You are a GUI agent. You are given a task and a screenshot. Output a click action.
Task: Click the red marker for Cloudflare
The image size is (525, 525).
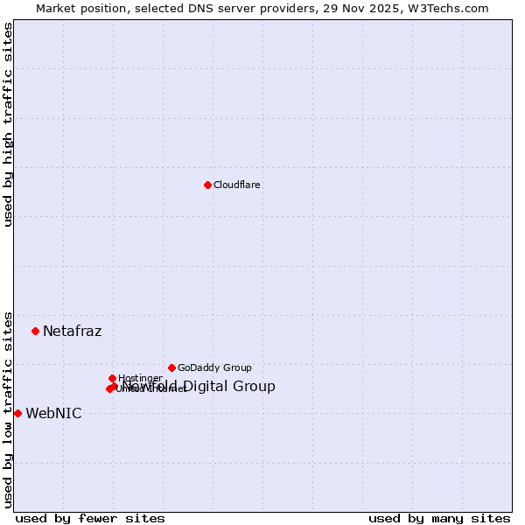point(207,185)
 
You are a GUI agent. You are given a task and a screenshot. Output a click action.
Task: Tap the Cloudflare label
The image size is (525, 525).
point(237,185)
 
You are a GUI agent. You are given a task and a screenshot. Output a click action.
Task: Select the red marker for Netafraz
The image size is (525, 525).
point(36,331)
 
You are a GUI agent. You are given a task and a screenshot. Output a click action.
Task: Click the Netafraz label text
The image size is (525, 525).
point(73,331)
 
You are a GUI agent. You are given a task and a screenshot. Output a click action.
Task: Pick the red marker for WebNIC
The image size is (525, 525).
point(17,413)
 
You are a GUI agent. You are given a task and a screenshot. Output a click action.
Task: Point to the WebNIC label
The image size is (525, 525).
point(53,414)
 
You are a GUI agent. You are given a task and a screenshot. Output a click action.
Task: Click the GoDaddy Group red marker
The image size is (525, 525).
point(171,367)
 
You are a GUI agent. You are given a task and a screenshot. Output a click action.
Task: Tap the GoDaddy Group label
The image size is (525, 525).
point(214,368)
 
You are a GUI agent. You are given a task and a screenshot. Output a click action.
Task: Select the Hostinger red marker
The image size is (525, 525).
point(112,378)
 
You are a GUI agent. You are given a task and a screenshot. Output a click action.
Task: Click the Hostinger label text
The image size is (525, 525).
point(140,379)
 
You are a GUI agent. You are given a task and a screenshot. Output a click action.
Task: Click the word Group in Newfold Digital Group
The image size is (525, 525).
point(255,387)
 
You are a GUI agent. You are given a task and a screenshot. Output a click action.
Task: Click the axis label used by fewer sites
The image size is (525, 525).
point(90,518)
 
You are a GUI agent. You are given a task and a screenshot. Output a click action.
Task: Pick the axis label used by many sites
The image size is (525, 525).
point(439,518)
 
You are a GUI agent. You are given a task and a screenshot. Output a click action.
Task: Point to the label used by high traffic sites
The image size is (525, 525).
point(9,124)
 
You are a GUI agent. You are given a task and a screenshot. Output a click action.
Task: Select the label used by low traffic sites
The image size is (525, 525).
point(9,409)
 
